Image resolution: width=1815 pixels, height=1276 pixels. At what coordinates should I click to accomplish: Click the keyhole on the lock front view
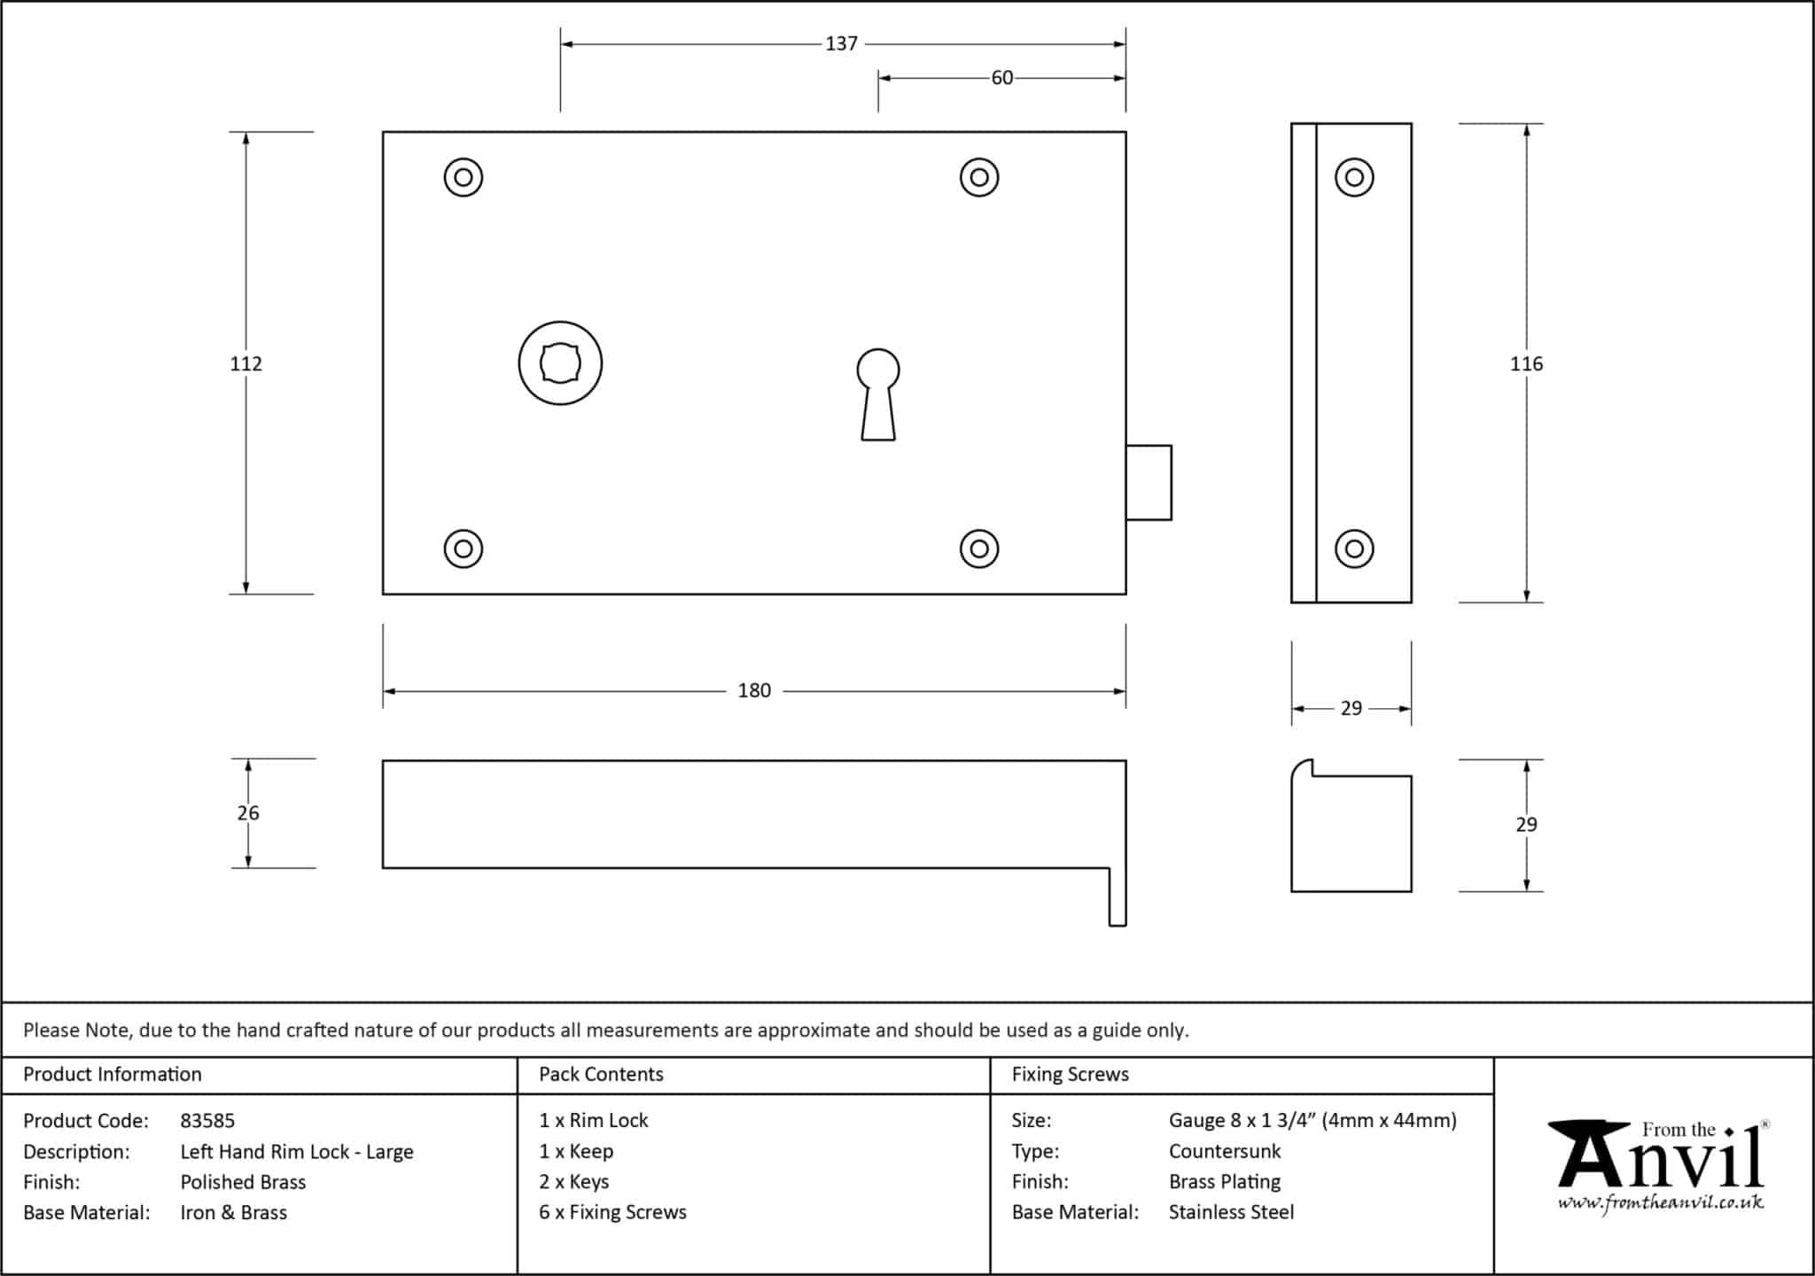pos(878,394)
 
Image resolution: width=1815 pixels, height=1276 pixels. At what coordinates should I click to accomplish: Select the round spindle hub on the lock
pos(560,363)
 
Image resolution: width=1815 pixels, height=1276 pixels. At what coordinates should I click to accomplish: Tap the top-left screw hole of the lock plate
pos(463,177)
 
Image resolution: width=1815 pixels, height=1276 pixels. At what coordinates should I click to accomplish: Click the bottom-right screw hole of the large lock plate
pos(979,549)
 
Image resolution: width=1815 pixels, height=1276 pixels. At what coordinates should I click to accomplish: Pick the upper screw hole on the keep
pos(1354,177)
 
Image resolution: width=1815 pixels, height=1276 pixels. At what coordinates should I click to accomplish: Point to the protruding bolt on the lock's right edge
pos(1149,482)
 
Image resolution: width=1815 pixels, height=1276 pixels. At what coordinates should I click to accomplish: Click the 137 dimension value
pos(841,43)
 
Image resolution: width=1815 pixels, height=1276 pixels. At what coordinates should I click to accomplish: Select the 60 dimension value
pos(1002,78)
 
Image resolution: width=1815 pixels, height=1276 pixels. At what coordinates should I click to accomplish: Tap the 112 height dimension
pos(246,363)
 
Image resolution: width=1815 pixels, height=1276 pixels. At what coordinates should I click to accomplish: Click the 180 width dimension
pos(754,690)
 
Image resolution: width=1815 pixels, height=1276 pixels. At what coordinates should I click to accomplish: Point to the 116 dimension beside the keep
pos(1527,363)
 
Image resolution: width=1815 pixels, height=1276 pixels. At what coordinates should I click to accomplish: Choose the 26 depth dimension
pos(248,813)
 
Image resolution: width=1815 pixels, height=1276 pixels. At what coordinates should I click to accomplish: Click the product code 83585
pos(207,1121)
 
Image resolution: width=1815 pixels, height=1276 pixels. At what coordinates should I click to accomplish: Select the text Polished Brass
pos(243,1182)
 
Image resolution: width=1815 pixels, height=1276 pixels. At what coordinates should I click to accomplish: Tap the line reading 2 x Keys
pos(574,1182)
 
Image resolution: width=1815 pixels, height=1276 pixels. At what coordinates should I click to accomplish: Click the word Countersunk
pos(1225,1151)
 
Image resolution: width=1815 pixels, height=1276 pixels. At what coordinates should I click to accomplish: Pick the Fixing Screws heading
pos(1071,1074)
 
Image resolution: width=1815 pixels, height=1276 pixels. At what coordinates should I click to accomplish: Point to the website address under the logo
pos(1661,1203)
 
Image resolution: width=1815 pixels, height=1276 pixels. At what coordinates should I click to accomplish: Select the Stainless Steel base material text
pos(1231,1212)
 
